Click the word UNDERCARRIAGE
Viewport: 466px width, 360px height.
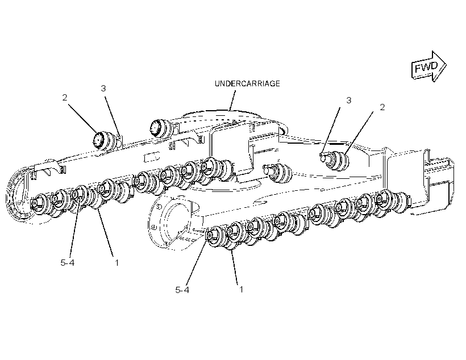(247, 83)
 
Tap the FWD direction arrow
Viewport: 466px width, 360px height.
(428, 66)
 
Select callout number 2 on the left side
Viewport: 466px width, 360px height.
(65, 98)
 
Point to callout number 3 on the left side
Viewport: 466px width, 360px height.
(103, 88)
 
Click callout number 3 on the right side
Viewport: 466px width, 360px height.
(348, 101)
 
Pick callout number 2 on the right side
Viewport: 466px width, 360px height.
(382, 107)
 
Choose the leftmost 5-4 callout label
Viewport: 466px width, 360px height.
(68, 262)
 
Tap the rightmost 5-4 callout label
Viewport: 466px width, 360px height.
(182, 290)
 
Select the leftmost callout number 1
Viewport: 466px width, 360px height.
(117, 262)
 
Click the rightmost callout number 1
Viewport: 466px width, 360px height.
(241, 290)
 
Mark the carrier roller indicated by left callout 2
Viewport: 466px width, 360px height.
(105, 140)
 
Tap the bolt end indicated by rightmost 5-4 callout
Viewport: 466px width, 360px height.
(209, 236)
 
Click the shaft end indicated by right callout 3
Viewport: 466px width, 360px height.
(323, 157)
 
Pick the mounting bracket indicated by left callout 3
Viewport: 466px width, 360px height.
(120, 141)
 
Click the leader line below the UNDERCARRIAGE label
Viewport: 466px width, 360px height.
(232, 100)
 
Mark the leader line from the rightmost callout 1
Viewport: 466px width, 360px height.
(235, 266)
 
